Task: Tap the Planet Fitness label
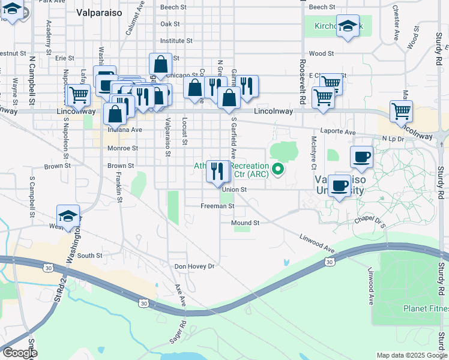(426, 309)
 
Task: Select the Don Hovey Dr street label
(194, 266)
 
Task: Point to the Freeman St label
(217, 206)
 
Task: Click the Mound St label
(245, 223)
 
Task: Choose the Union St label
(235, 190)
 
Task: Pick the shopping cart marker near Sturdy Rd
(401, 110)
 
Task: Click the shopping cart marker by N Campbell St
(78, 94)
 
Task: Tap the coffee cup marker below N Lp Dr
(361, 157)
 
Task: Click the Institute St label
(172, 41)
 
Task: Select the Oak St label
(170, 24)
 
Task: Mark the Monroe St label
(122, 148)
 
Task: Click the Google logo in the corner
(20, 353)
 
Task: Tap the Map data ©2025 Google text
(412, 355)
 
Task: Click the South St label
(90, 256)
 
